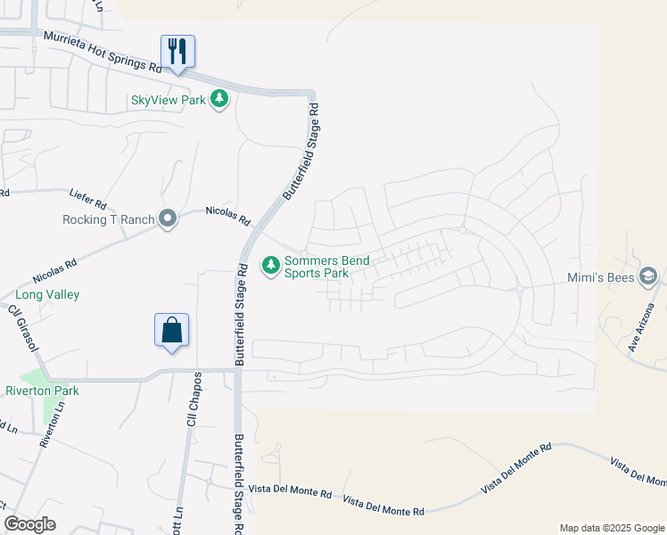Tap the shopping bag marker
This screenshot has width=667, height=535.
coord(172,330)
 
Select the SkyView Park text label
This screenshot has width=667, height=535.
coord(169,100)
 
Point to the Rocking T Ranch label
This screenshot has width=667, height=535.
coord(108,219)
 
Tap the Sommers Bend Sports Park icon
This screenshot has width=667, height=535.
coord(270,265)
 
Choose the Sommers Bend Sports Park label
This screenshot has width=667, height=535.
coord(326,267)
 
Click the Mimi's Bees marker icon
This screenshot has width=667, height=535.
coord(648,277)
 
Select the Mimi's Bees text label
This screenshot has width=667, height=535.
coord(601,277)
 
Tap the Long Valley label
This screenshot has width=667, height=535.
coord(47,294)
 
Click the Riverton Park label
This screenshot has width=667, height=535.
coord(42,391)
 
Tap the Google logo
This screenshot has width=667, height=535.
coord(29,524)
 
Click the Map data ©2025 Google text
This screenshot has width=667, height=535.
coord(611,528)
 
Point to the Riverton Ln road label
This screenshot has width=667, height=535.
coord(54,424)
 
